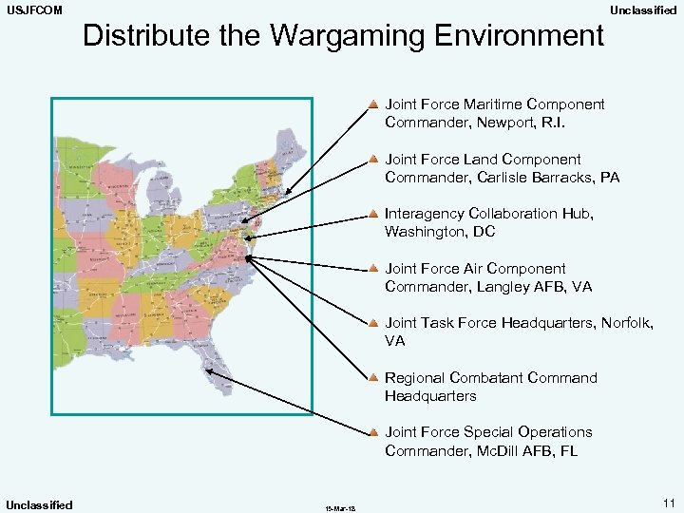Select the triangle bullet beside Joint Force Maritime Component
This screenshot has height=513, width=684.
pos(375,103)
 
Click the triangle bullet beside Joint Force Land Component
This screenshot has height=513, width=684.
pos(375,158)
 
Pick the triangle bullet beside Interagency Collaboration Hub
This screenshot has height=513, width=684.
pos(375,213)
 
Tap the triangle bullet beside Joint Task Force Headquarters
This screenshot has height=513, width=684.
pos(375,322)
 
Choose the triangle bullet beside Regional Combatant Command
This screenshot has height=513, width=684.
pos(375,377)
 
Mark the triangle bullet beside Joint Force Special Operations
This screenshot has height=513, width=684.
pos(375,431)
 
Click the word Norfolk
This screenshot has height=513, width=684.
pos(624,323)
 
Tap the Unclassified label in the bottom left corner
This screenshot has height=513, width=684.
pos(39,504)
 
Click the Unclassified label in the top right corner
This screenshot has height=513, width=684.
pos(643,9)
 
